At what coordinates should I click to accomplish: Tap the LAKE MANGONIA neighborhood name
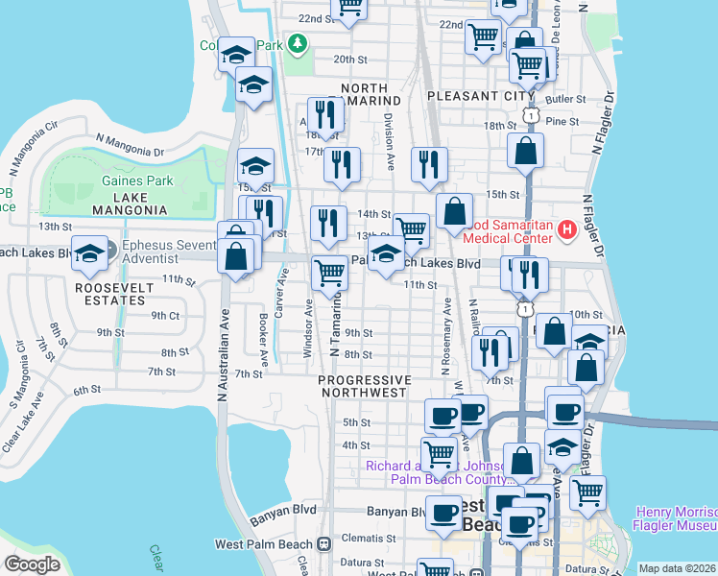tap(129, 209)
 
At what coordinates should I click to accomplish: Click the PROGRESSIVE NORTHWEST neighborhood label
tap(365, 386)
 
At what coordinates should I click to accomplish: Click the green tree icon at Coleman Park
tap(298, 43)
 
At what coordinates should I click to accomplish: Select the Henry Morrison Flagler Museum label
tap(674, 518)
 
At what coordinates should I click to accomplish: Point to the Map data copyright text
tap(677, 568)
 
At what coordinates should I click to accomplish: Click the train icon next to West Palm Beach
tap(323, 544)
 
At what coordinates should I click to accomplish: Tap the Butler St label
tap(565, 99)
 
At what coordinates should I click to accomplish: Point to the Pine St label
tap(562, 122)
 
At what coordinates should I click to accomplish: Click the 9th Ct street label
tap(165, 315)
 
